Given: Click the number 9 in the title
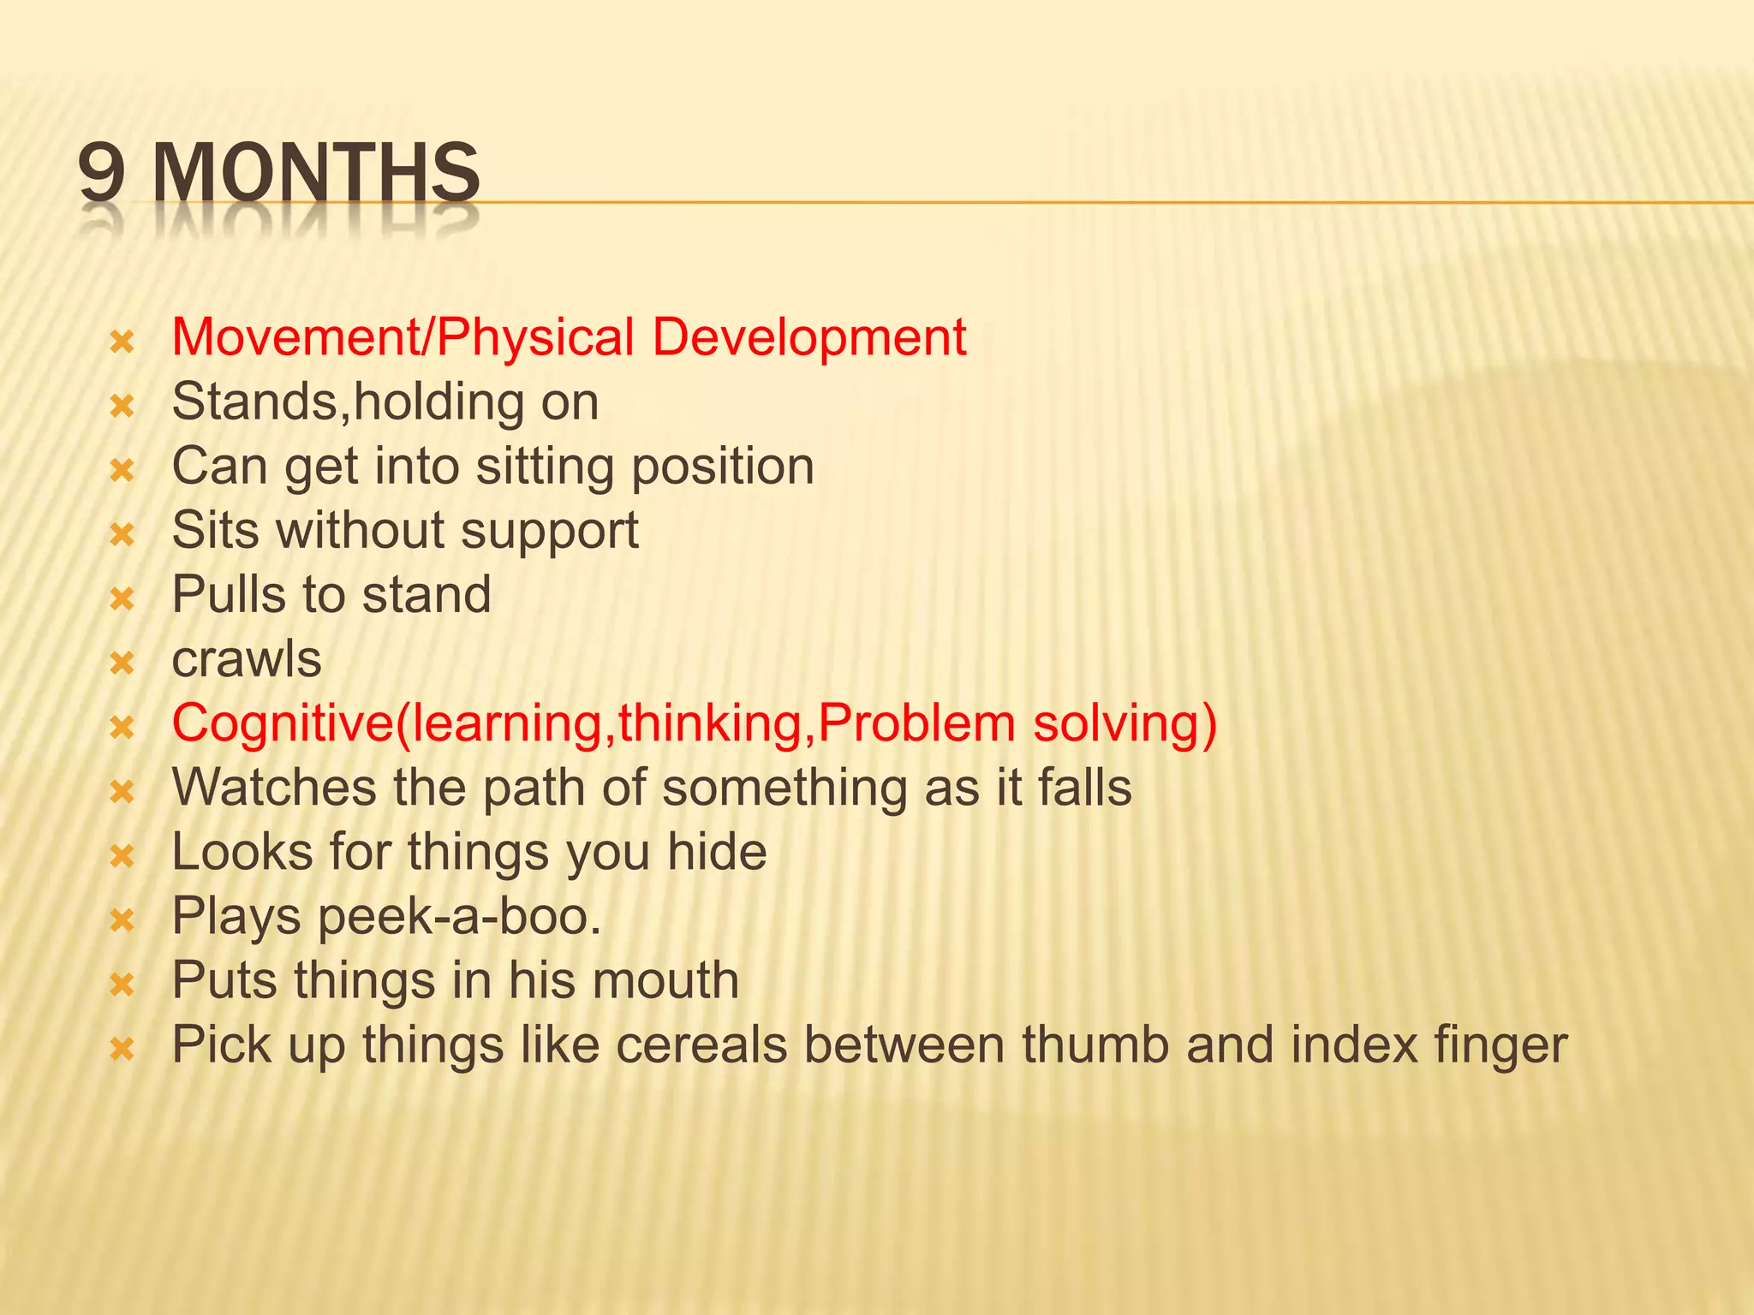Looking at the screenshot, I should [x=102, y=173].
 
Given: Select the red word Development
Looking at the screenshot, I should [x=808, y=336].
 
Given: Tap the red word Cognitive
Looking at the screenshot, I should [x=282, y=723].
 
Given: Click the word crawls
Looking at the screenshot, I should [x=247, y=659].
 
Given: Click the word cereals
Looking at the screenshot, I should [x=701, y=1045].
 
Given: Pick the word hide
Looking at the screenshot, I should [x=717, y=852].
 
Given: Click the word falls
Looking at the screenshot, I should [x=1084, y=788].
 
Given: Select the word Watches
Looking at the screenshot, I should [x=274, y=788].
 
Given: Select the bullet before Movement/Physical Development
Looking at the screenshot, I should [x=123, y=342].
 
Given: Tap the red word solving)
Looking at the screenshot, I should [x=1125, y=724].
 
